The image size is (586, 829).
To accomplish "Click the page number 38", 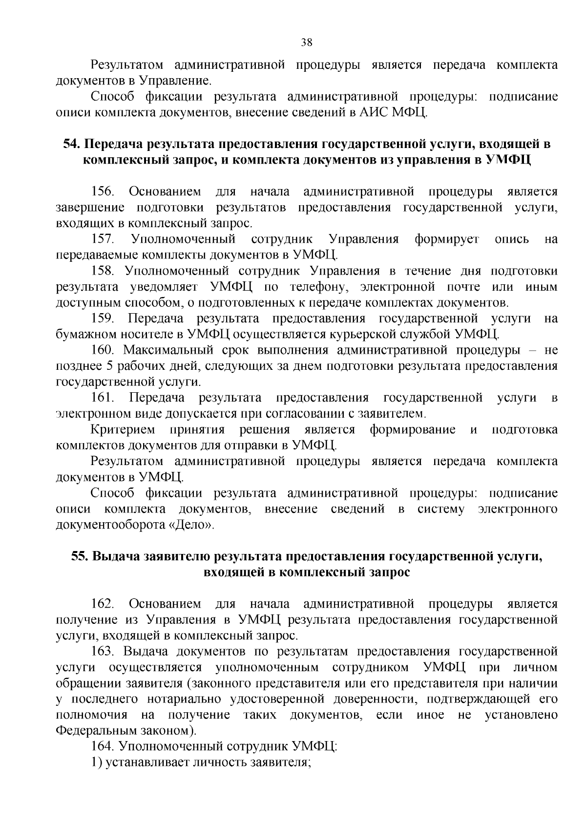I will [x=307, y=42].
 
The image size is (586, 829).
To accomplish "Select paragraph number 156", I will [x=102, y=191].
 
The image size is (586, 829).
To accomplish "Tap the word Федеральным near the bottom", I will [x=100, y=731].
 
